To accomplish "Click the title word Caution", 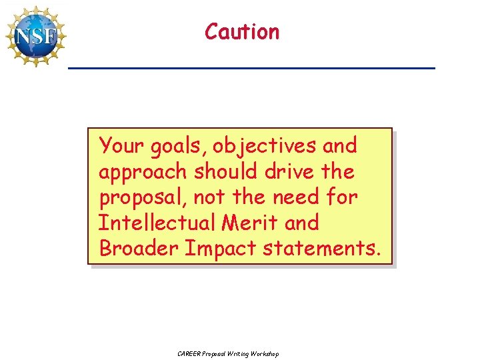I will pos(242,31).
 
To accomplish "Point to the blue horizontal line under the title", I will pos(251,69).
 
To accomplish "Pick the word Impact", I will pos(220,248).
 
